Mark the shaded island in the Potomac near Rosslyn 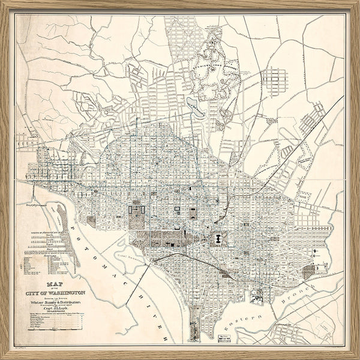[x=62, y=223]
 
